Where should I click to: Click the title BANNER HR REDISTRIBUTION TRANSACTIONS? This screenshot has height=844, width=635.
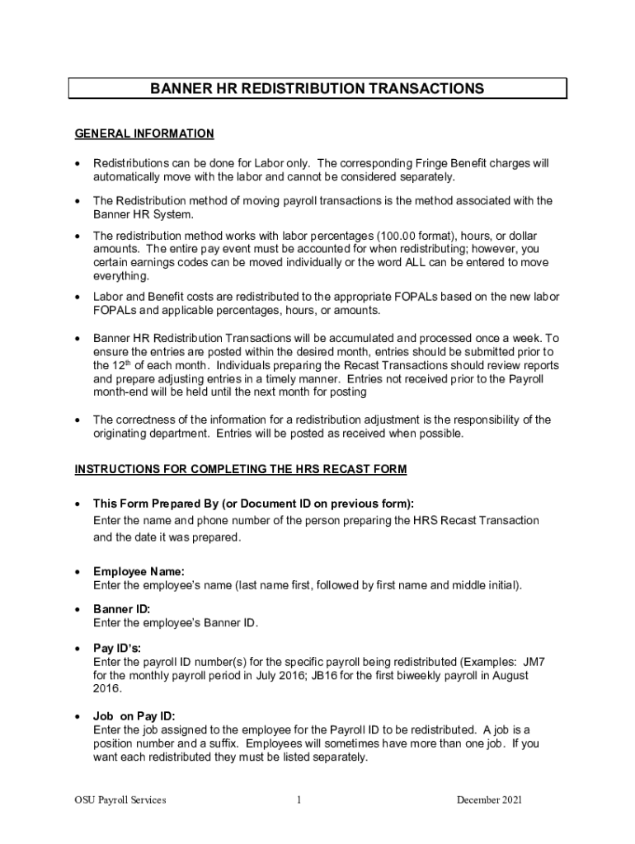[x=317, y=88]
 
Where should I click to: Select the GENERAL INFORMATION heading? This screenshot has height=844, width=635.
[x=144, y=134]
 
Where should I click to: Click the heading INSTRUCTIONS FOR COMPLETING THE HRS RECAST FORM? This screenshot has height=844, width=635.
[x=241, y=470]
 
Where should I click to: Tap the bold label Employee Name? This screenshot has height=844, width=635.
[x=139, y=572]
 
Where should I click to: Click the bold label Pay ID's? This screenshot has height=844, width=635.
[x=117, y=648]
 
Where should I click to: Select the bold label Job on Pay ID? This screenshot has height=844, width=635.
[x=134, y=715]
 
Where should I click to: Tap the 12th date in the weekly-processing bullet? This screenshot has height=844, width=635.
[x=106, y=365]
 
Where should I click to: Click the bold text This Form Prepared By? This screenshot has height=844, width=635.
[x=161, y=504]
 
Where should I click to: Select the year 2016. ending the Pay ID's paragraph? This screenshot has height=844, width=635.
[x=108, y=688]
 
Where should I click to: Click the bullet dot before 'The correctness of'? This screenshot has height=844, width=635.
[x=78, y=420]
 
